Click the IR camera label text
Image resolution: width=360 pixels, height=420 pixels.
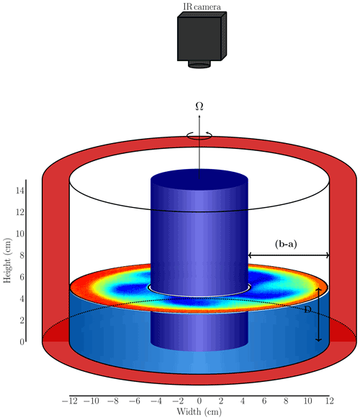click(x=202, y=6)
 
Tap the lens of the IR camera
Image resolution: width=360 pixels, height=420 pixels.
click(x=199, y=64)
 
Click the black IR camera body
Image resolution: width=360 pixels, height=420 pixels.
click(x=202, y=36)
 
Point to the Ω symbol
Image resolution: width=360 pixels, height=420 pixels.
click(x=199, y=106)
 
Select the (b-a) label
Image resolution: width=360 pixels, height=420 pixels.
click(x=286, y=244)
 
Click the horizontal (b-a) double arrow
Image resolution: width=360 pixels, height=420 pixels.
click(x=289, y=255)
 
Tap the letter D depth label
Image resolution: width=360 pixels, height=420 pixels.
click(x=307, y=310)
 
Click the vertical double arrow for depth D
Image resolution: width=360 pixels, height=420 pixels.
click(x=318, y=315)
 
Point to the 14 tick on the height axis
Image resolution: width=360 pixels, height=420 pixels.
click(x=20, y=191)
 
